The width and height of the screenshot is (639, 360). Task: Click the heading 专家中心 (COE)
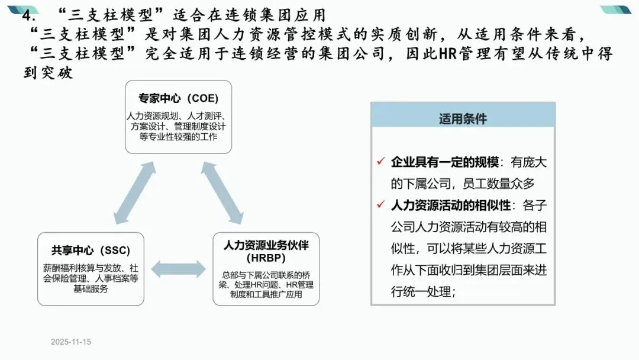(178, 98)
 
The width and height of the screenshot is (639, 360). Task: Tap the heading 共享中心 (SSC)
(91, 250)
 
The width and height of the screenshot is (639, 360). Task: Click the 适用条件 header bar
(463, 118)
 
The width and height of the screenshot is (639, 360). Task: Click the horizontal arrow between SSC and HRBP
(177, 269)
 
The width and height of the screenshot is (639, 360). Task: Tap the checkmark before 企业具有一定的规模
(381, 162)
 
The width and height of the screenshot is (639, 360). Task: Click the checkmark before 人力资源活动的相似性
(381, 205)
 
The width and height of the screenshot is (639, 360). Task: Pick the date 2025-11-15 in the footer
(71, 342)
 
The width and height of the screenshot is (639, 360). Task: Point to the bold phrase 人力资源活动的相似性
(450, 205)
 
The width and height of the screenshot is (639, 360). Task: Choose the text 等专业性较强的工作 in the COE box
(178, 137)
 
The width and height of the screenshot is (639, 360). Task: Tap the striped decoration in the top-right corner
(618, 10)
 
